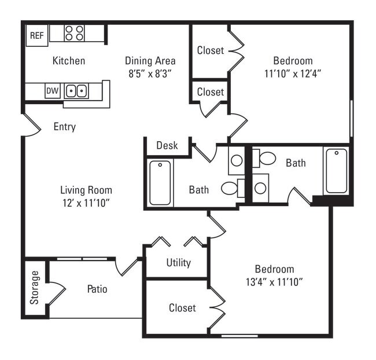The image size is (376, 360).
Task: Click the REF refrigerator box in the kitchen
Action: (x=36, y=35)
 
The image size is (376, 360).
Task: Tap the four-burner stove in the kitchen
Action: (x=74, y=32)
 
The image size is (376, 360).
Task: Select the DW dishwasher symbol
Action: (x=52, y=91)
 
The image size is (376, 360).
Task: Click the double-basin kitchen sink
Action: (x=76, y=91)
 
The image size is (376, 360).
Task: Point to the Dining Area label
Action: (x=150, y=61)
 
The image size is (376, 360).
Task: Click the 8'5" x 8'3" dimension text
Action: (x=150, y=74)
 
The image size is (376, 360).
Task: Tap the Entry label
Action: (x=64, y=127)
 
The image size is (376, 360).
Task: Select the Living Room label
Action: (x=86, y=190)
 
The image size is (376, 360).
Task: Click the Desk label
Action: (x=167, y=145)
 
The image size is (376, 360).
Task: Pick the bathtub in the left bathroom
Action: (x=160, y=183)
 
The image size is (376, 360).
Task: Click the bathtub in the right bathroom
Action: (x=336, y=171)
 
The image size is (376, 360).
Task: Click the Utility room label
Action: (x=178, y=263)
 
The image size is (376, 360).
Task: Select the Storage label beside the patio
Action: (x=35, y=287)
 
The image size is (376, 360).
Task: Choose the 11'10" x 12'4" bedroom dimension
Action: (x=293, y=74)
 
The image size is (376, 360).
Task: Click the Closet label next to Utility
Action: (x=182, y=308)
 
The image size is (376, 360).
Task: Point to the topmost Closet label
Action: (x=210, y=50)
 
